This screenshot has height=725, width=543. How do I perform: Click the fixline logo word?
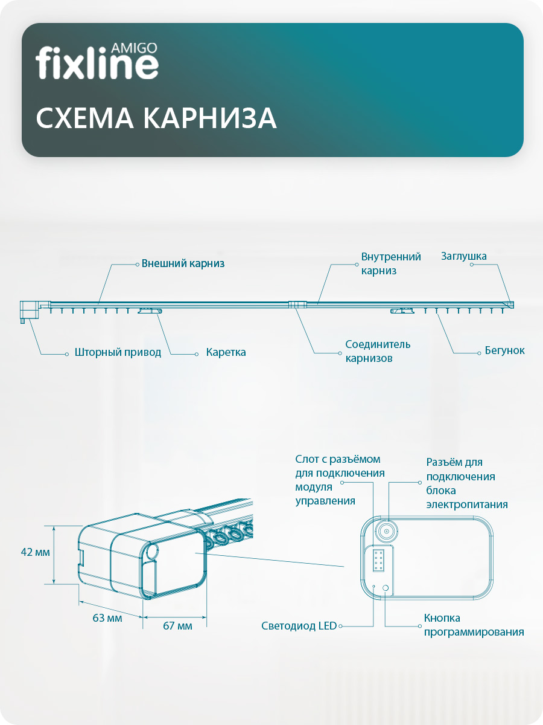point(97,64)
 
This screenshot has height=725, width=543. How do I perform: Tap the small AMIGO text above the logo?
point(135,47)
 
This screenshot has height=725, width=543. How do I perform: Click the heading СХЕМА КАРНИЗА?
point(156,119)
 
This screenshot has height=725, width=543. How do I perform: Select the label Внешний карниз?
point(183,263)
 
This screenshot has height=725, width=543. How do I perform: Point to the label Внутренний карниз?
point(391,264)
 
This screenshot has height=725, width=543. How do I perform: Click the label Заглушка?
point(463,256)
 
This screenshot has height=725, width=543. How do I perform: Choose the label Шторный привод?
point(118,352)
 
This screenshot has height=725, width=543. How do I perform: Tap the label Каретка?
point(226,352)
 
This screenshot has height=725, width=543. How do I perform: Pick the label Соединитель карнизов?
point(378,351)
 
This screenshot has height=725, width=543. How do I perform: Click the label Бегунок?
point(504,350)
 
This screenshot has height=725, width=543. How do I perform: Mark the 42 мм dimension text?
point(35,552)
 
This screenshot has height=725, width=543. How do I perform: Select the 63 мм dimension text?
point(107,618)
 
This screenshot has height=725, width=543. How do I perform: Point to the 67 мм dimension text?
point(177,626)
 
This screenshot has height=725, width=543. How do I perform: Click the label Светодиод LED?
point(299,626)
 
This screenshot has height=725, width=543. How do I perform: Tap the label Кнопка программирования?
point(473,625)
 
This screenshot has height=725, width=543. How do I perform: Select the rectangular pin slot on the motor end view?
point(379,561)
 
